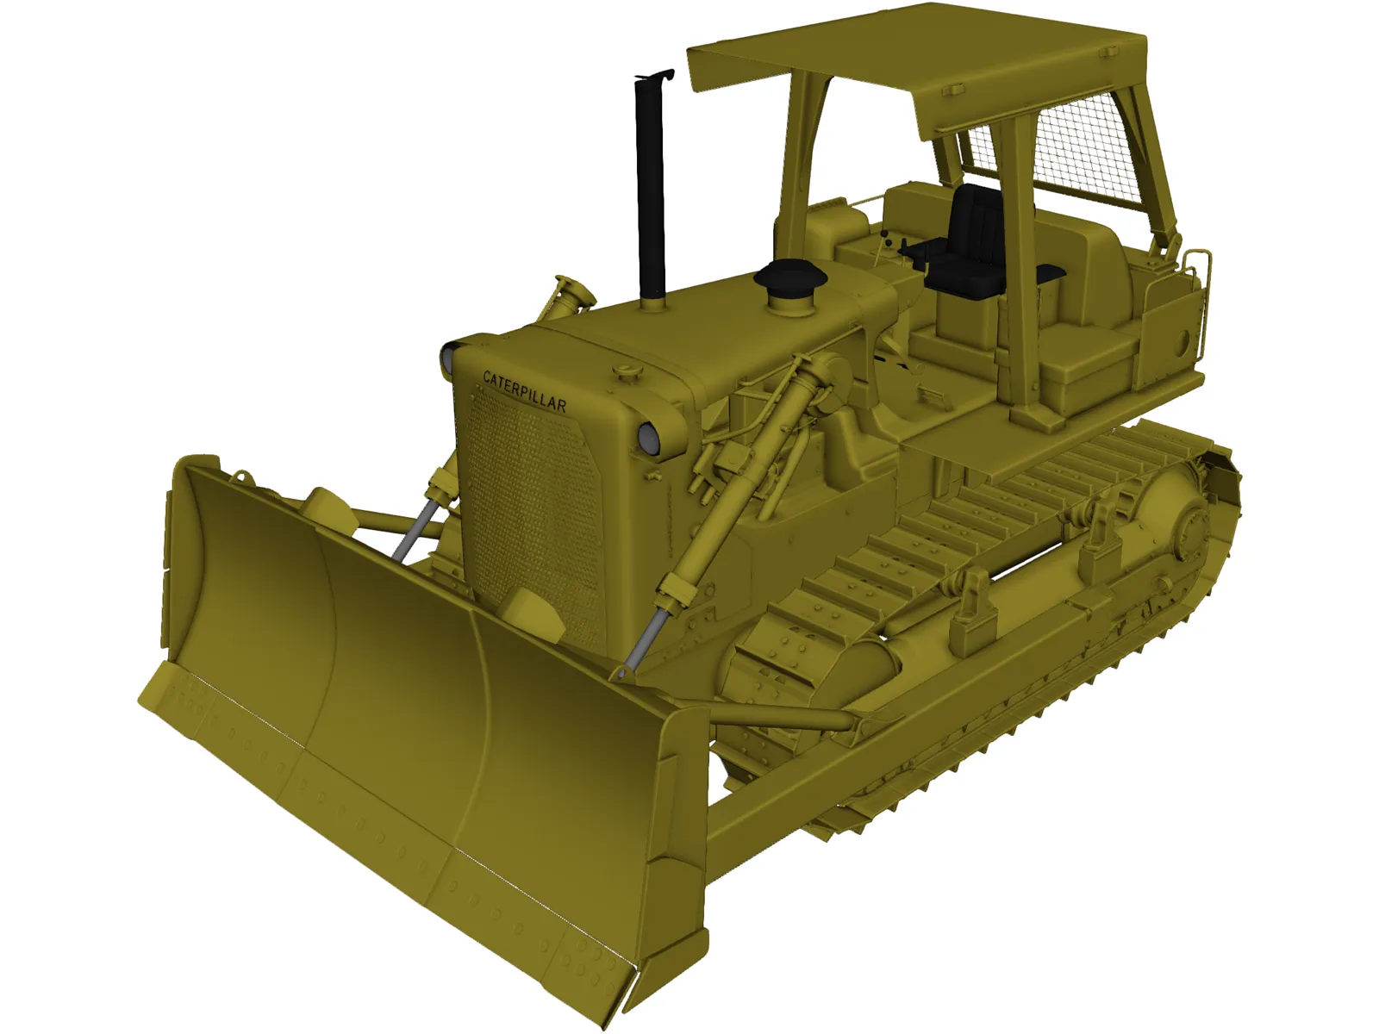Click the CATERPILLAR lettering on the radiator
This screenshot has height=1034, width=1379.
point(524,391)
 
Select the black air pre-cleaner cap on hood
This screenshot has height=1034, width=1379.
point(790,277)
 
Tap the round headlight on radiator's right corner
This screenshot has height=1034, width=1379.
point(648,439)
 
